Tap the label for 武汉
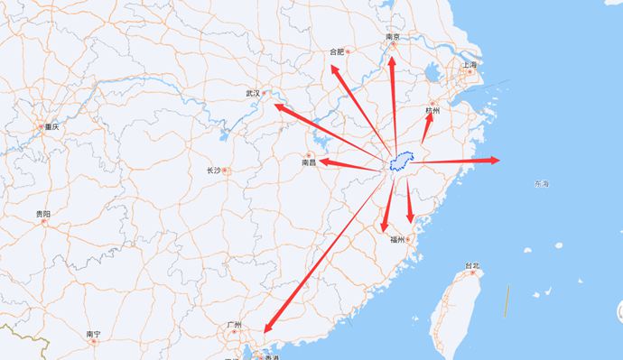(253, 93)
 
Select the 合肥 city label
(337, 51)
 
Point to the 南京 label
(393, 37)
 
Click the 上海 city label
(469, 65)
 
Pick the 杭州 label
(432, 110)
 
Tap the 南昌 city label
(309, 163)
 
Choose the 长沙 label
(213, 170)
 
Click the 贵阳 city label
(43, 214)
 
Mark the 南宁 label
(94, 334)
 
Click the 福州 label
(398, 239)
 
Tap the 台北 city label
(472, 265)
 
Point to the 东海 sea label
(541, 184)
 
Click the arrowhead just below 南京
(392, 61)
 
